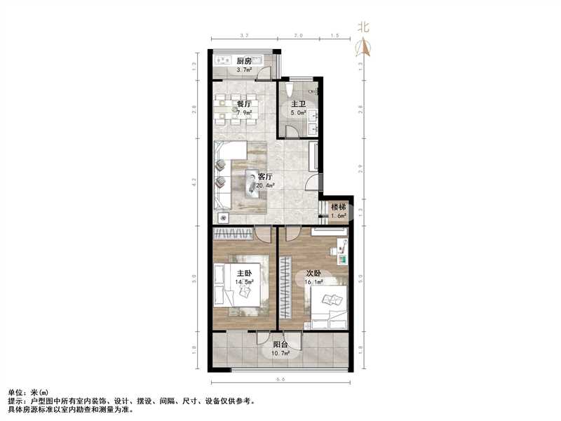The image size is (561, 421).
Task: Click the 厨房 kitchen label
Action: [244, 61]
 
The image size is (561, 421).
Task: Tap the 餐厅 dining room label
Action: [244, 103]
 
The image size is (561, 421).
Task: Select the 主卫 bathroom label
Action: [298, 103]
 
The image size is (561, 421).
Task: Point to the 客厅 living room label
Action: [265, 177]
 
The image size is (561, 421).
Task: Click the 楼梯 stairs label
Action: [339, 208]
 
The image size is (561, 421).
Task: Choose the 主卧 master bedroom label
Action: [245, 274]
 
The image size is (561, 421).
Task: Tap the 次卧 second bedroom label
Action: [313, 274]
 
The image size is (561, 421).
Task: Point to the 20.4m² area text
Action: [265, 186]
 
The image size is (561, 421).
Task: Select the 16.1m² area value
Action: [313, 283]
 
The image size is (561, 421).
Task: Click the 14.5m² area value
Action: [245, 283]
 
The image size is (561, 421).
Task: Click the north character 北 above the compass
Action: [363, 29]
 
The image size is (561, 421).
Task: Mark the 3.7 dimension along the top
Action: [245, 35]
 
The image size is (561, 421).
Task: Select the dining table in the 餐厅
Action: [236, 109]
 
